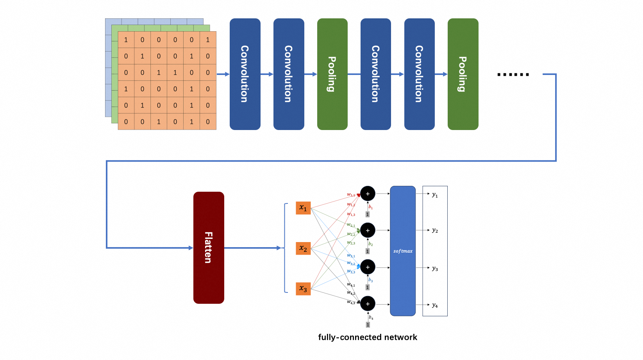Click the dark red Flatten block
tap(209, 248)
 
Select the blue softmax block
tap(403, 251)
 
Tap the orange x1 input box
tap(303, 208)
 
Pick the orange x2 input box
tap(303, 248)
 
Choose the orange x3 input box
tap(303, 289)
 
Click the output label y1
tap(435, 194)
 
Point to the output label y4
tap(435, 305)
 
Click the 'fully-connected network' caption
tap(367, 337)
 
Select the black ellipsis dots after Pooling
tap(513, 74)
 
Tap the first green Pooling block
tap(332, 74)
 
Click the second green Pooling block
tap(463, 74)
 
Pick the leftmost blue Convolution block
tap(245, 74)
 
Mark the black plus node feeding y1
tap(368, 194)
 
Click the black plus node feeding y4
tap(368, 304)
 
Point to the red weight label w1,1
tap(351, 194)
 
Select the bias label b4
tap(371, 317)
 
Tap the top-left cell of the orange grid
tap(126, 40)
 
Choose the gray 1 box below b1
tap(367, 214)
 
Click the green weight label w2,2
tap(351, 234)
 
